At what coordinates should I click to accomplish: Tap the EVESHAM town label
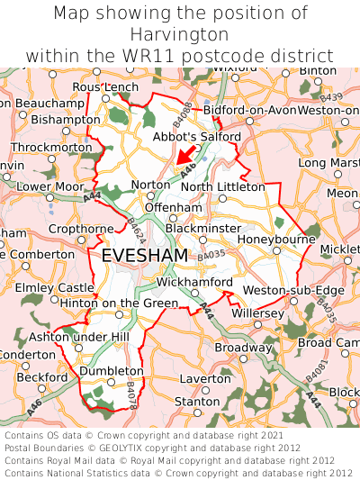tap(145, 256)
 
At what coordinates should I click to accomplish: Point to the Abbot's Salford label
tap(197, 137)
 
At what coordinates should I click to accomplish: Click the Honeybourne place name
tap(276, 240)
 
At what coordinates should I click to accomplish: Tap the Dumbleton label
tap(112, 371)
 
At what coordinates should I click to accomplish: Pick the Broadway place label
tap(242, 348)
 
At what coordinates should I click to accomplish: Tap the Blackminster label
tap(203, 229)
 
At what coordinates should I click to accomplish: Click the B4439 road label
tap(331, 97)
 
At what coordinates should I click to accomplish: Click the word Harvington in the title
tap(180, 34)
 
